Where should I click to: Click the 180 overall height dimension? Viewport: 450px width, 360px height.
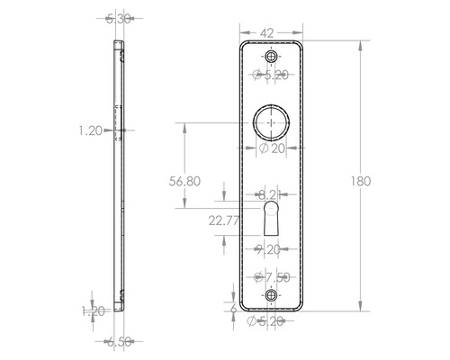(x=362, y=181)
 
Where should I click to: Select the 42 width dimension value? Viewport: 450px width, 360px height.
(x=267, y=32)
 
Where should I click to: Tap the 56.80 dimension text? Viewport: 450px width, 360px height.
(x=184, y=181)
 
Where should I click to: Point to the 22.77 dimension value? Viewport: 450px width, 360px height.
(x=224, y=220)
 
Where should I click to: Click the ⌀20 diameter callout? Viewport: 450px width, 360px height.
(x=272, y=148)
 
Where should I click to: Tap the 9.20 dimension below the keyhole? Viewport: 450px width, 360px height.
(x=272, y=249)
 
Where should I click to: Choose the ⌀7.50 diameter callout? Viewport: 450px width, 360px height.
(x=272, y=276)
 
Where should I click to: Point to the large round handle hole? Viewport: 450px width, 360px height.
(x=272, y=120)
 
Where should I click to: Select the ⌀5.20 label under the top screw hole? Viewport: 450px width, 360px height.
(x=272, y=75)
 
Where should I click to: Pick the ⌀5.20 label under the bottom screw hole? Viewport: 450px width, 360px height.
(x=272, y=320)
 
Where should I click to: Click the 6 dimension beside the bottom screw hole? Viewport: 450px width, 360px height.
(x=233, y=308)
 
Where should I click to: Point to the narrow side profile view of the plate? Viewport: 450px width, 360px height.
(x=120, y=171)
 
